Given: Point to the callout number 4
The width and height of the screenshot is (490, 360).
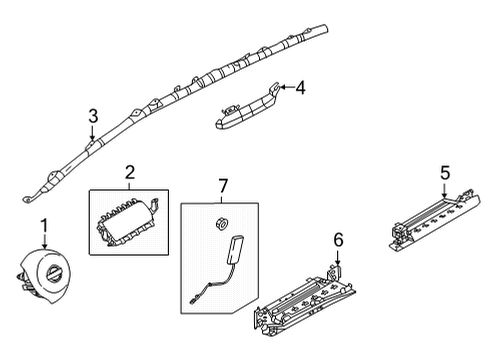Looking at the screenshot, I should tap(300, 87).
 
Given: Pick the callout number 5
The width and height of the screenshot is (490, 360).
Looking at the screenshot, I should tap(445, 173).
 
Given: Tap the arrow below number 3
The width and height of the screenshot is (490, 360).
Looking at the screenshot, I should tap(92, 136).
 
